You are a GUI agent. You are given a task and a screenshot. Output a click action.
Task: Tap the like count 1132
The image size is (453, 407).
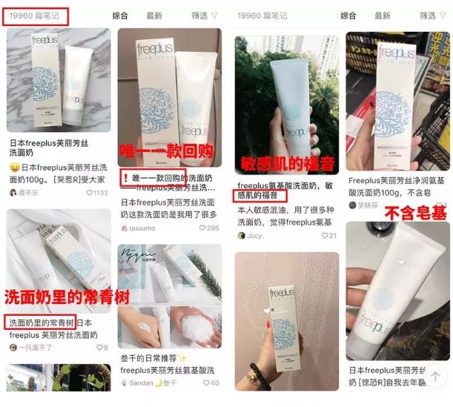[96, 193]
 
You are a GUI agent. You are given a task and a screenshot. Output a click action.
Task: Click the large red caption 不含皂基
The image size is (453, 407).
[412, 214]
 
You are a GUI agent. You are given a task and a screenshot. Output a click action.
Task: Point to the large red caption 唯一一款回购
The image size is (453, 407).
[169, 152]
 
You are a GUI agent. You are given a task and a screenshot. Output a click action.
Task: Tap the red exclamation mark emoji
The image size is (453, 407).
[124, 179]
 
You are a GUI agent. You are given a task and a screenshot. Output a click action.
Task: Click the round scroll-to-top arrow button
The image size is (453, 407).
[437, 376]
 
